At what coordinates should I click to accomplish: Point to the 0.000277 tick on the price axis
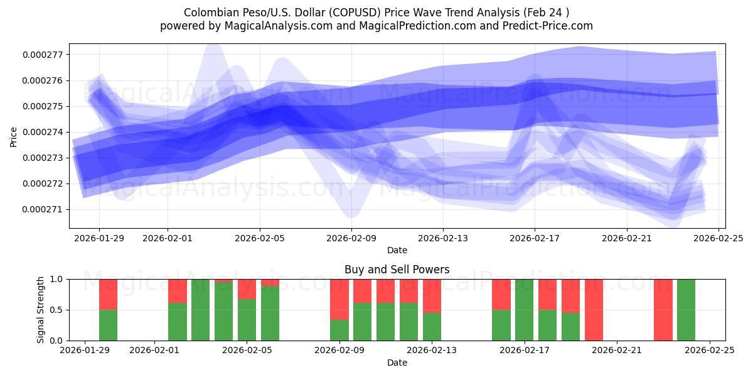[43, 55]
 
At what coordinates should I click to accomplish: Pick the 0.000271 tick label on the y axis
[43, 209]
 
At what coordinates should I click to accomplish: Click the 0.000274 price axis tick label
[43, 132]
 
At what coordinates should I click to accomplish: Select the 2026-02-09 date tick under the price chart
[351, 238]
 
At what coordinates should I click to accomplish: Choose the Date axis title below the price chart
[397, 250]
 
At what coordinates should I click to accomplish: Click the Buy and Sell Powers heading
[397, 270]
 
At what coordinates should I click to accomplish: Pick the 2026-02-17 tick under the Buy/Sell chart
[524, 351]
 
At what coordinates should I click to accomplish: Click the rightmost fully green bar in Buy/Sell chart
[686, 310]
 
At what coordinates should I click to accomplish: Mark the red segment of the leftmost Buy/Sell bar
[108, 294]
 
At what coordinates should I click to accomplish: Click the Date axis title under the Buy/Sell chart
[397, 363]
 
